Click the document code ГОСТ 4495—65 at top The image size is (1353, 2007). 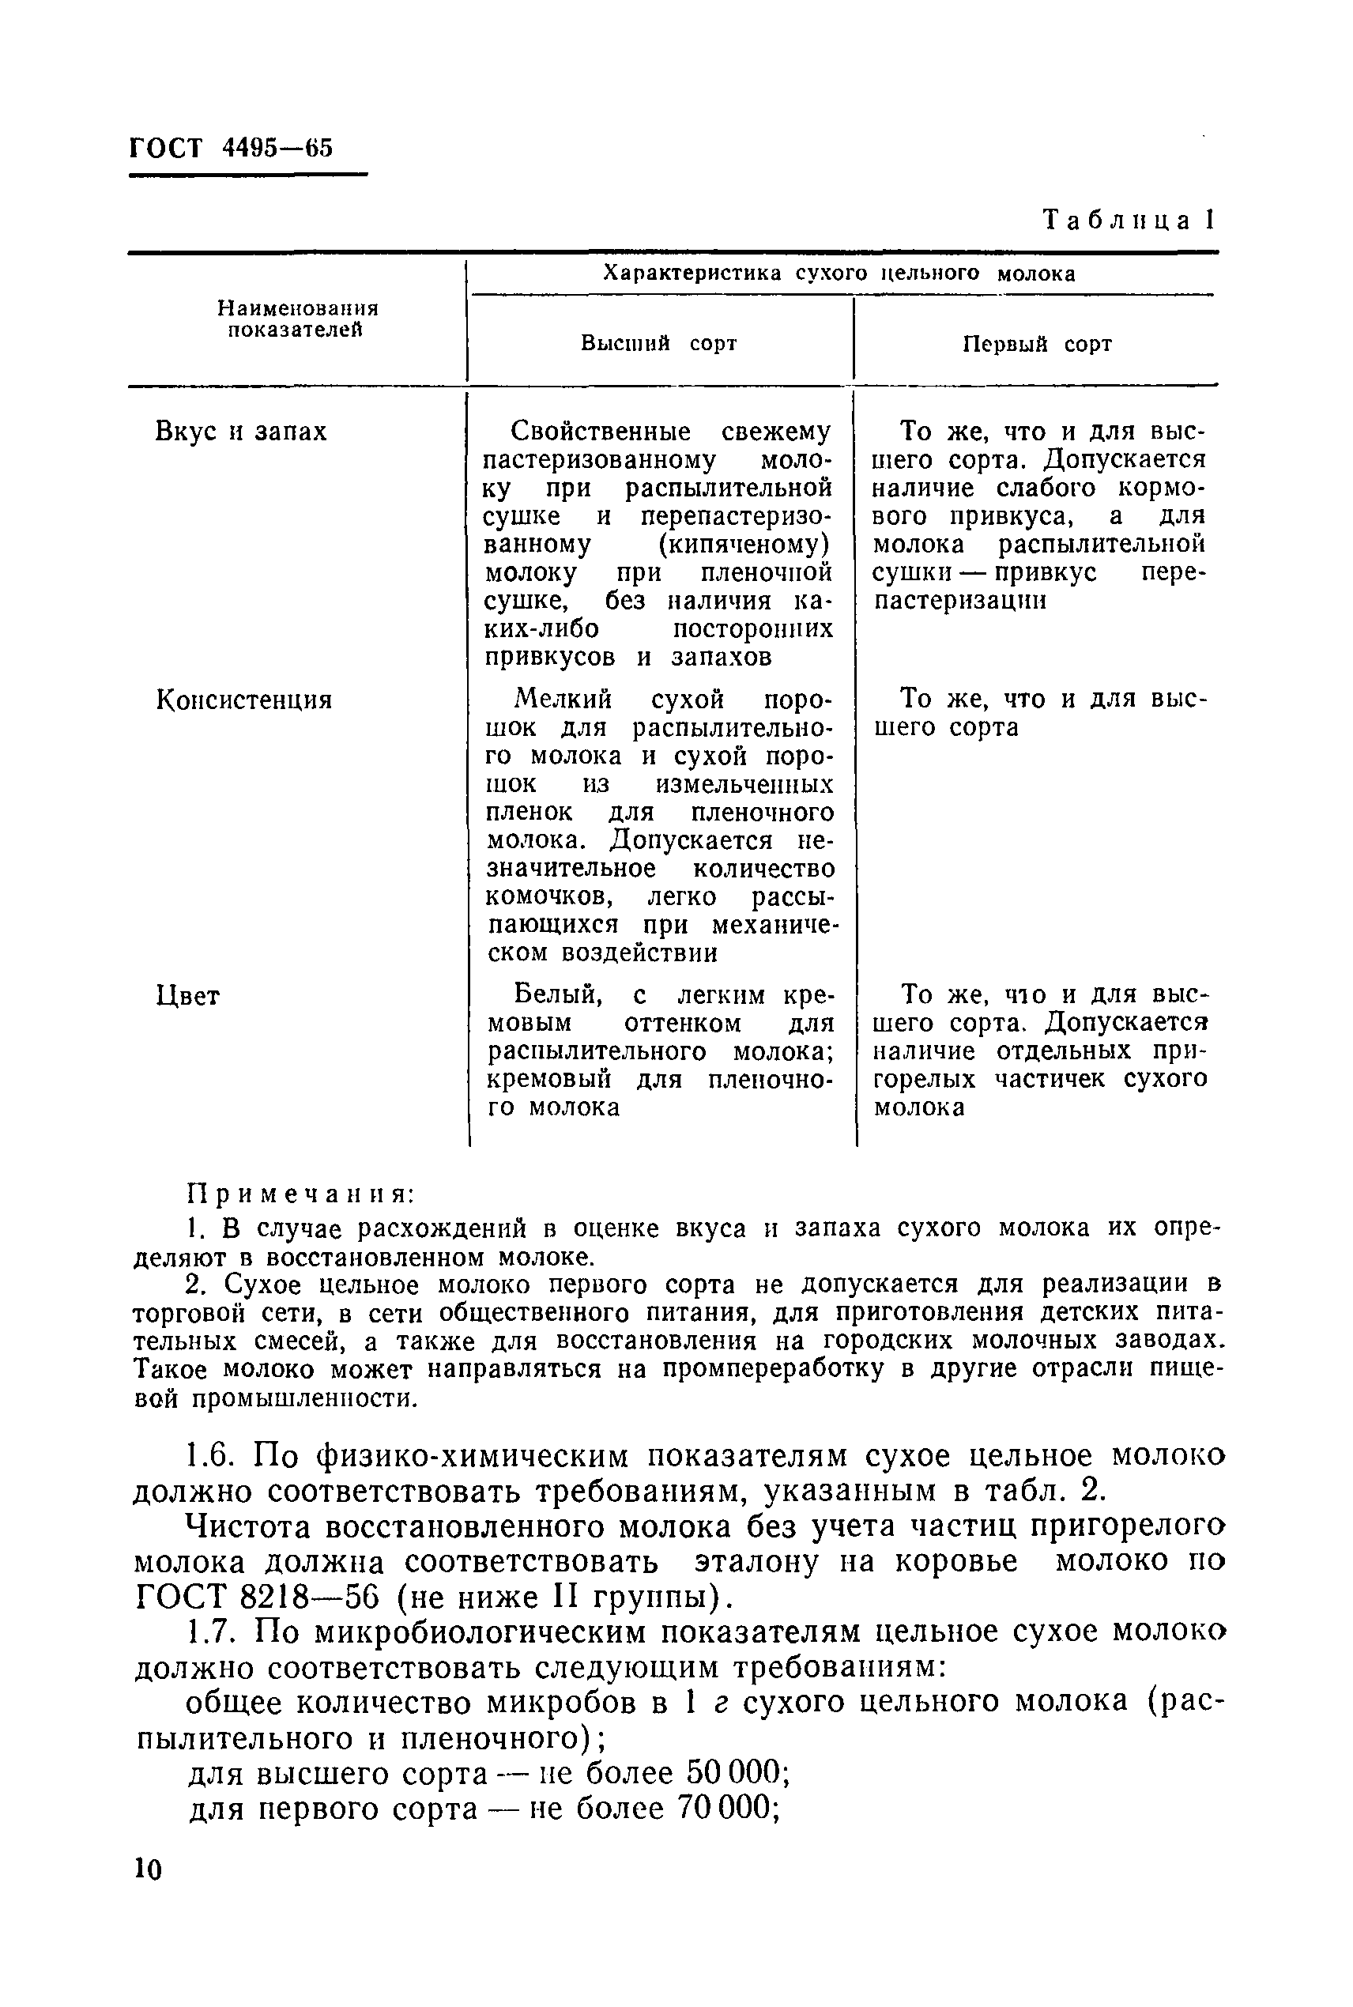[x=231, y=148]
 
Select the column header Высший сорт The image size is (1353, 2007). [x=658, y=343]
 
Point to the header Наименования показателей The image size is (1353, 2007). [x=297, y=319]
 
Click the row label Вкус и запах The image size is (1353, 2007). [x=241, y=431]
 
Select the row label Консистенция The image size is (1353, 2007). [x=244, y=699]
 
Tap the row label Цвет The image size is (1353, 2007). [x=188, y=996]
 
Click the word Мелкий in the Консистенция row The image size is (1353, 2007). [x=563, y=698]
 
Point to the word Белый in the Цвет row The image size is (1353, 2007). [x=557, y=995]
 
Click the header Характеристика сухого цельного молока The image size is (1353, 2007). [x=839, y=274]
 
